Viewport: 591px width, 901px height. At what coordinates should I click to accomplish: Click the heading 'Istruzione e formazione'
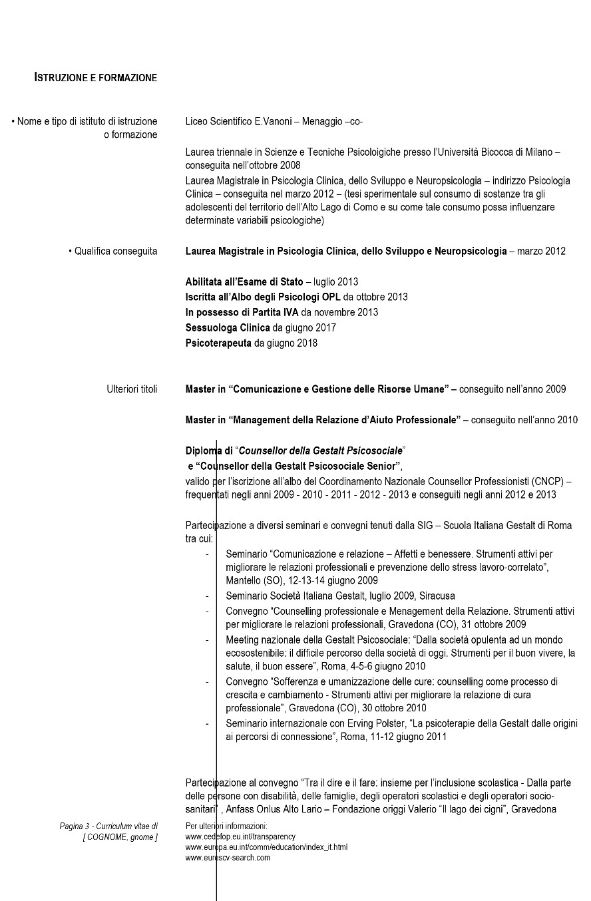pyautogui.click(x=96, y=78)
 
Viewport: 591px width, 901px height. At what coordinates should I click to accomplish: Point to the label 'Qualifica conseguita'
pyautogui.click(x=116, y=251)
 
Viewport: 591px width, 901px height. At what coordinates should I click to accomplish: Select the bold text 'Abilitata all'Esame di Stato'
pyautogui.click(x=244, y=281)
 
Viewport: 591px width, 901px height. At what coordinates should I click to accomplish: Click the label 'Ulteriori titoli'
pyautogui.click(x=132, y=389)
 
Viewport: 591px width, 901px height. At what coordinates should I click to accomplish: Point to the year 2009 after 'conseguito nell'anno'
pyautogui.click(x=556, y=389)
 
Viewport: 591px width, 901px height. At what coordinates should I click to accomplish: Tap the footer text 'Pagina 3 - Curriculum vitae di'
pyautogui.click(x=108, y=826)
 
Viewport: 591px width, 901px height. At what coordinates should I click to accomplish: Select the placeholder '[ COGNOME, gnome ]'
pyautogui.click(x=120, y=837)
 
